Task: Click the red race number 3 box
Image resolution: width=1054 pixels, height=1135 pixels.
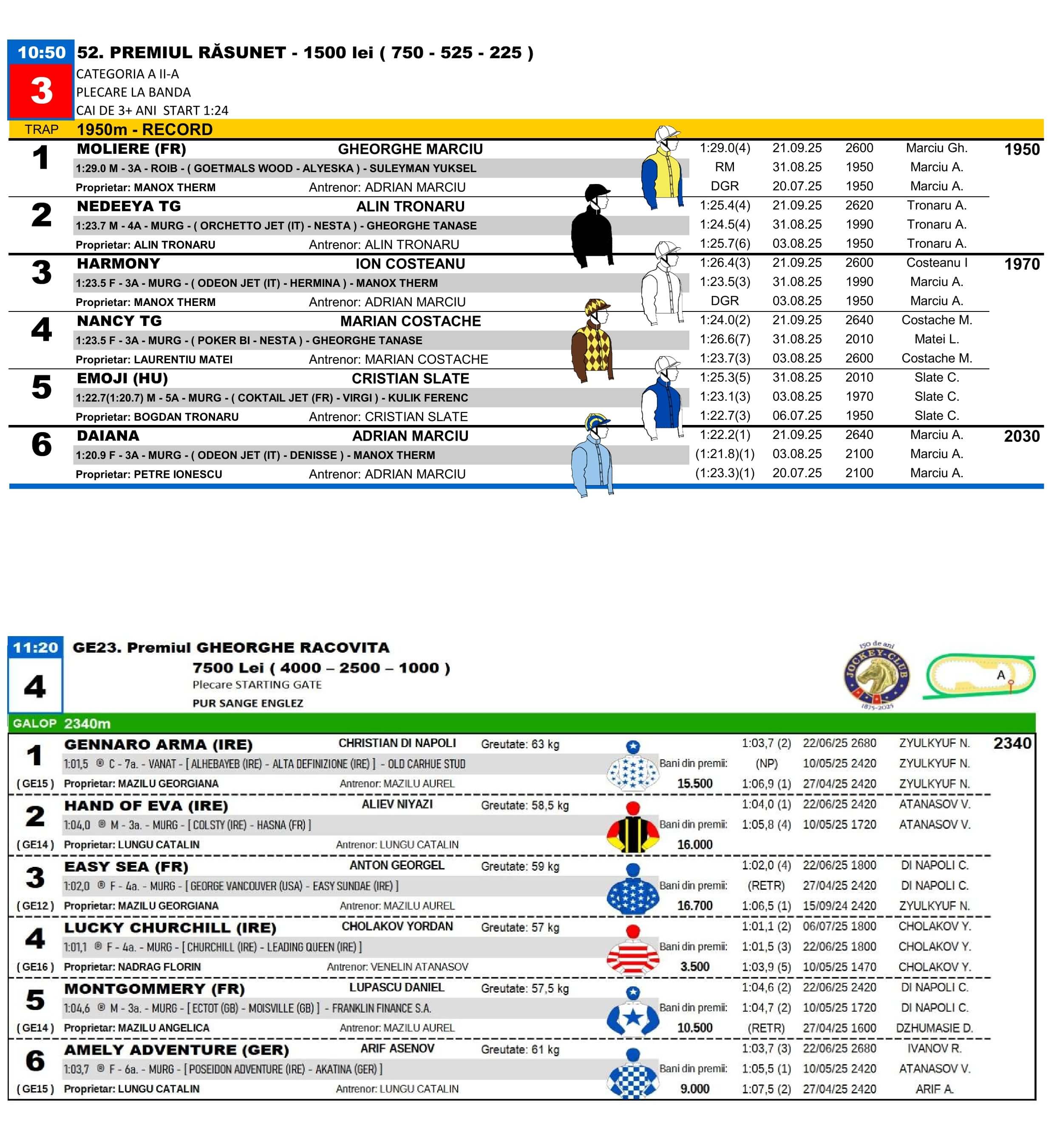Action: pos(41,91)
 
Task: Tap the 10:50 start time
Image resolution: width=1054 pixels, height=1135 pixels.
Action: pos(41,52)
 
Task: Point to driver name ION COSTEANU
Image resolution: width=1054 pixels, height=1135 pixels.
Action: pos(410,264)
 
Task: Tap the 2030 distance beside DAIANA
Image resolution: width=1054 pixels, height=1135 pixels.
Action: pos(1022,436)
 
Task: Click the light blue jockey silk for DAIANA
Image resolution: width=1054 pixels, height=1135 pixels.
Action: pos(593,456)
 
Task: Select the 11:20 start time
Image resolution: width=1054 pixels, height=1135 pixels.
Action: pos(35,647)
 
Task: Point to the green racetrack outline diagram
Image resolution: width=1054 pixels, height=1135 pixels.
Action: pos(979,676)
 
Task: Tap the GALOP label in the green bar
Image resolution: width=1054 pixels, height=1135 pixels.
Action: pos(35,723)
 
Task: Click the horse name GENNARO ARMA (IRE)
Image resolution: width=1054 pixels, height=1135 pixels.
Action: pos(159,744)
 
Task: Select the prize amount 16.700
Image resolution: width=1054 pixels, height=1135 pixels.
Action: pos(695,906)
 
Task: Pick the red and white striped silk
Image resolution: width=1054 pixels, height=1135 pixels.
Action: pos(632,951)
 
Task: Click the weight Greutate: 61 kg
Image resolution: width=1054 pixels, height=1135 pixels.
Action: pos(520,1050)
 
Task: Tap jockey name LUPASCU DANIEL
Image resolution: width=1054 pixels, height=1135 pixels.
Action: pos(397,987)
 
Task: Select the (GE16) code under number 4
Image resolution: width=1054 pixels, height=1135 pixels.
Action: pos(35,967)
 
